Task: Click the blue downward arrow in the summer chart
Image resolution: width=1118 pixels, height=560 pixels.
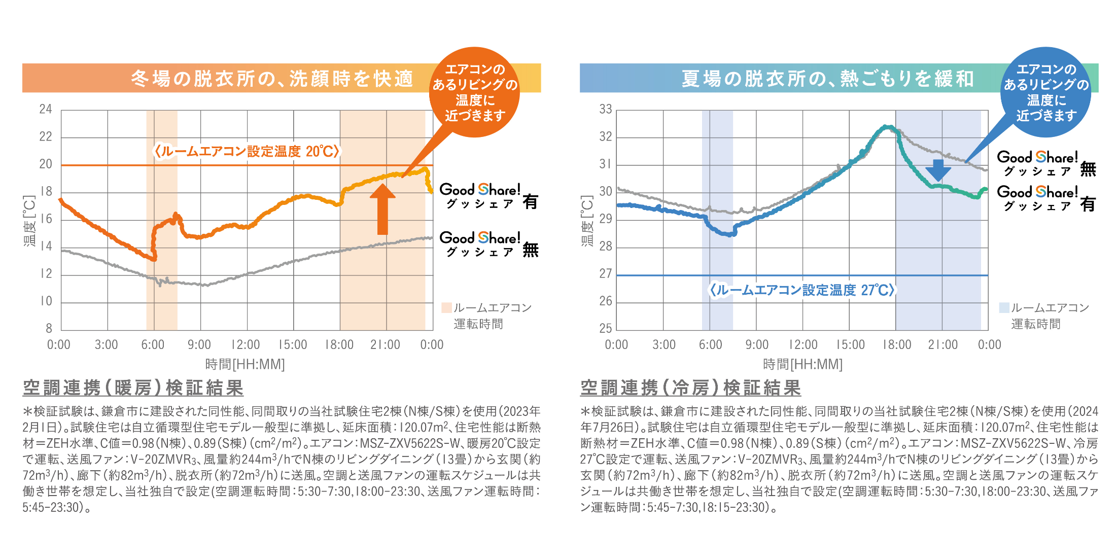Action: click(938, 170)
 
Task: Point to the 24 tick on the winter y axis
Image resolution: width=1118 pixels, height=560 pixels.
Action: click(46, 109)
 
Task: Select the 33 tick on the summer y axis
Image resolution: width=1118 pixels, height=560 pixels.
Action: click(606, 109)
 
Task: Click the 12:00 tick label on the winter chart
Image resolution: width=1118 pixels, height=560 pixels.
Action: click(246, 345)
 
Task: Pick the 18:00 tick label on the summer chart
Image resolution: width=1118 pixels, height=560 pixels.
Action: click(897, 345)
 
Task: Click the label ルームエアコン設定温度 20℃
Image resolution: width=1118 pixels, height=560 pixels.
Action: click(247, 151)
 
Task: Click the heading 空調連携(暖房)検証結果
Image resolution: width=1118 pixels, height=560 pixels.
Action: click(133, 388)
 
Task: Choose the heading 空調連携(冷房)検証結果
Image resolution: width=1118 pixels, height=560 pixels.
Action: click(691, 388)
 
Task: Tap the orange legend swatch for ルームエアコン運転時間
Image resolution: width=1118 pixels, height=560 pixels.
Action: click(446, 308)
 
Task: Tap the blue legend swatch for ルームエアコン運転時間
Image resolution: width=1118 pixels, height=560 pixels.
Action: click(1004, 308)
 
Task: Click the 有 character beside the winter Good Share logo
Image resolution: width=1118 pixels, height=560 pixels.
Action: click(531, 202)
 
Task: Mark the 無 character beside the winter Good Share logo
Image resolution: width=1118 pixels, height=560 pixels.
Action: click(531, 250)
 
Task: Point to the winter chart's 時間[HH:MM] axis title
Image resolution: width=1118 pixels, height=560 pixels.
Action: click(245, 364)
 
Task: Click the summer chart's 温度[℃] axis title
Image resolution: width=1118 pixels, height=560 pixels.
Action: click(587, 221)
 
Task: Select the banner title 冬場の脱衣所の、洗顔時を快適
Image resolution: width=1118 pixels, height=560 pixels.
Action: click(272, 79)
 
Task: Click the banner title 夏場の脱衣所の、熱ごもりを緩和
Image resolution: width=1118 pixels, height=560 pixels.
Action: click(827, 79)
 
